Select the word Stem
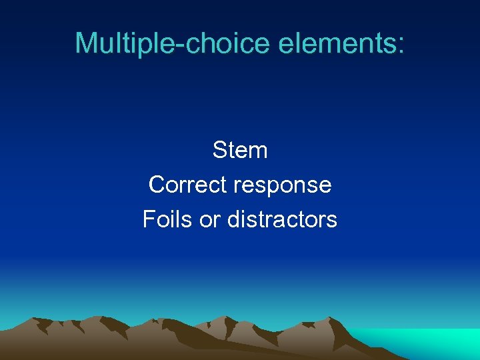(x=240, y=150)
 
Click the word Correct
(x=188, y=185)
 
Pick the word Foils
(x=166, y=219)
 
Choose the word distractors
(x=282, y=219)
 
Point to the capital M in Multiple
(x=85, y=43)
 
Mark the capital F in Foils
(x=149, y=219)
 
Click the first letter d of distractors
(x=234, y=219)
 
